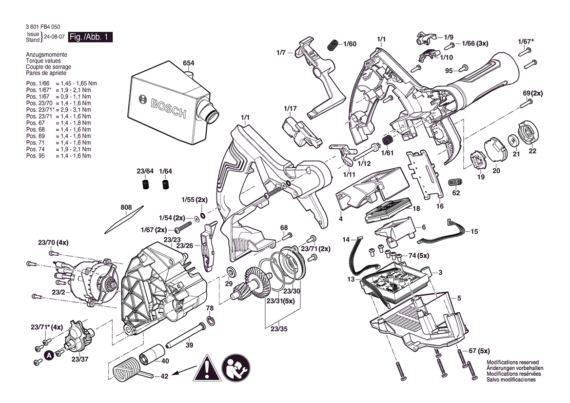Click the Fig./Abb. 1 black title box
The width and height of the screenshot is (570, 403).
tap(90, 37)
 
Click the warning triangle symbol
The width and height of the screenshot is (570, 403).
tap(206, 368)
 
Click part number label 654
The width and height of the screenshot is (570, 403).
tap(188, 63)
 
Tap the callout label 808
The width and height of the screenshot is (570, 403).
tap(126, 208)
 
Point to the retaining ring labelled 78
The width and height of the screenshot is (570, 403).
tap(211, 320)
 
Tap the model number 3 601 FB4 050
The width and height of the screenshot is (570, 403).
tap(43, 26)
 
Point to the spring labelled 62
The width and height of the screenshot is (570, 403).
tap(455, 181)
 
